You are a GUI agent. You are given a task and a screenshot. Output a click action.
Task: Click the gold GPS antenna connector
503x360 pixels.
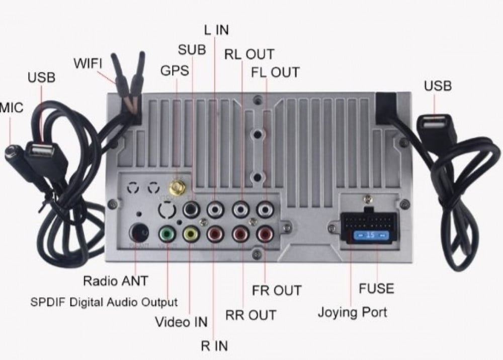177,188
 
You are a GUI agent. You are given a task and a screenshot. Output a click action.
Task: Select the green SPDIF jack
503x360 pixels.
166,234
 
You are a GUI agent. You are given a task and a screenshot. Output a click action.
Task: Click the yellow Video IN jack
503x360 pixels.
191,234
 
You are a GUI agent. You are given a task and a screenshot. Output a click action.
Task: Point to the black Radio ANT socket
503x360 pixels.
139,233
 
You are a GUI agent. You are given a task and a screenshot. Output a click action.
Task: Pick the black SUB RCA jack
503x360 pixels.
192,207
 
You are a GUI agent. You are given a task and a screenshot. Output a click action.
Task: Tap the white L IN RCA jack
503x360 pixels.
215,207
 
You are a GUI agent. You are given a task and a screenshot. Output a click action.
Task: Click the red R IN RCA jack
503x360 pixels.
215,234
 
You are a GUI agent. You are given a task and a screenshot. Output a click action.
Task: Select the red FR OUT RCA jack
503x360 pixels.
264,234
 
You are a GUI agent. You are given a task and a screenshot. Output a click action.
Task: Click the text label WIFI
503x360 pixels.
88,64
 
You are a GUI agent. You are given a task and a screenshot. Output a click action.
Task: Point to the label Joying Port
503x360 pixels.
352,312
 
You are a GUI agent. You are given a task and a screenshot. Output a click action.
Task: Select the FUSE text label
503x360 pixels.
376,289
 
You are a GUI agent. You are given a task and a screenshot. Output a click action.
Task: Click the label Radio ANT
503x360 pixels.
116,280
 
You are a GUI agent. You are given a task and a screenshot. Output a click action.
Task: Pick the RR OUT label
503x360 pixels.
250,315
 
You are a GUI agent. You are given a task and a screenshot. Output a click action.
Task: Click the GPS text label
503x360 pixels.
175,70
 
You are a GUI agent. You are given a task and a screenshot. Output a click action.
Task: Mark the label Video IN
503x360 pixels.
181,321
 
